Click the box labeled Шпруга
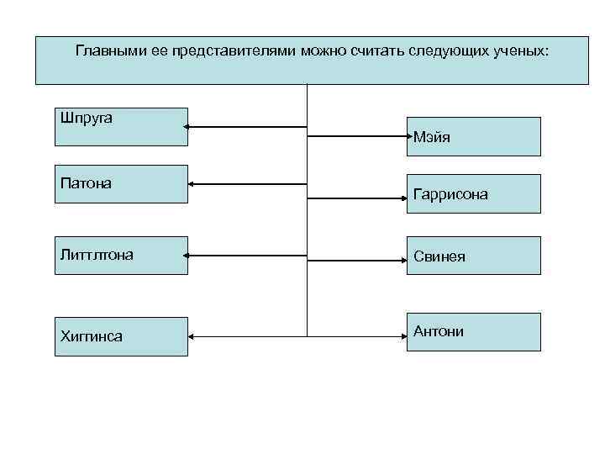[121, 126]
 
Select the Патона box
[121, 183]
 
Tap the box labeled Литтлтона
[121, 255]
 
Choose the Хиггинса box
[121, 336]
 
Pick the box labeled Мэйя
[474, 136]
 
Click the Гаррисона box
[474, 193]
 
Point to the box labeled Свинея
[474, 256]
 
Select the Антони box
[474, 331]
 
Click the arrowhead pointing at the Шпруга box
[190, 127]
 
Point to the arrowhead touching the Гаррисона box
[404, 198]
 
